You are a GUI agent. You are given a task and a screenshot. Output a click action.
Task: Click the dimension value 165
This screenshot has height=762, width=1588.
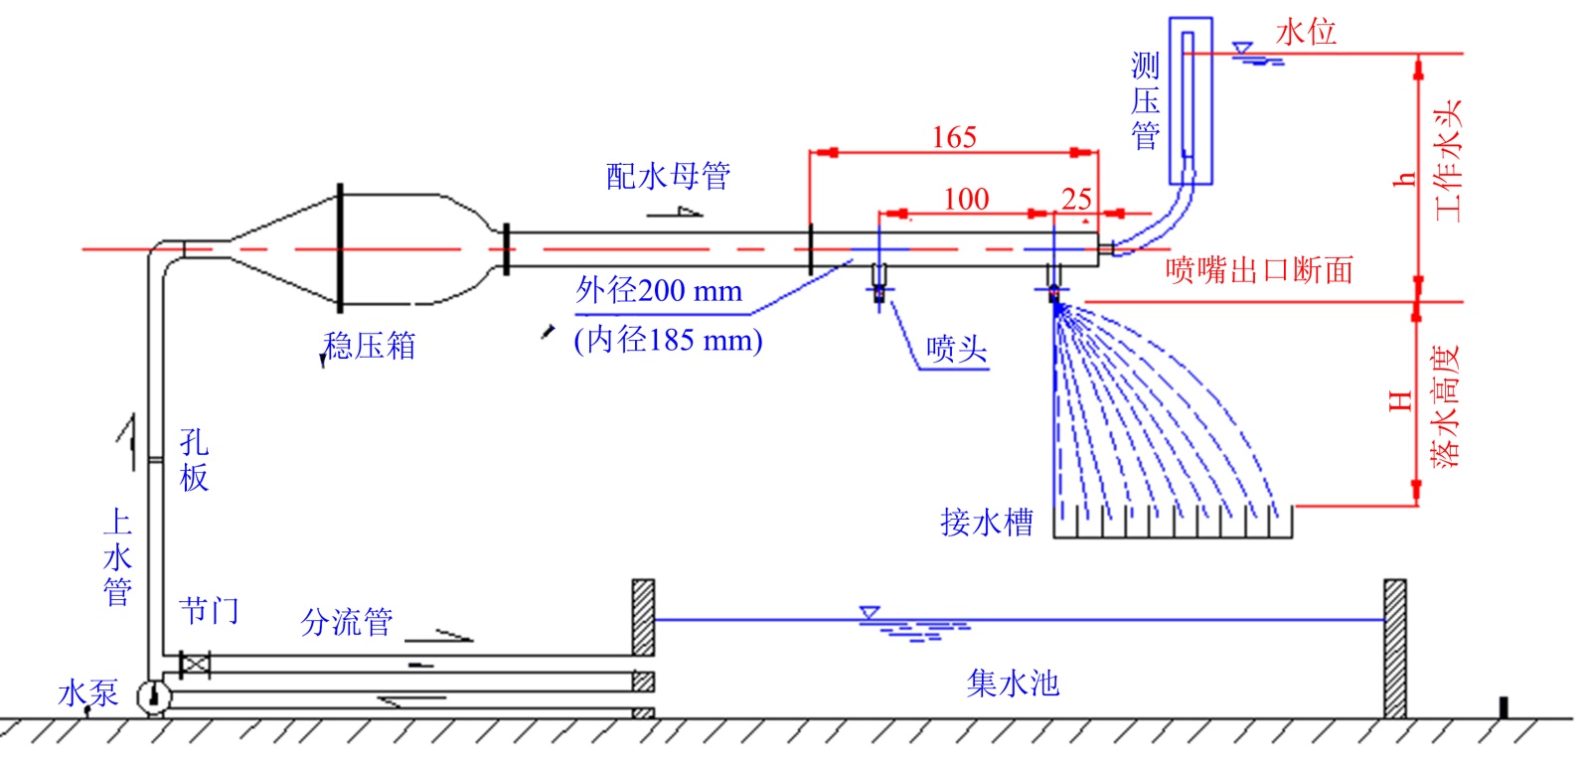point(954,137)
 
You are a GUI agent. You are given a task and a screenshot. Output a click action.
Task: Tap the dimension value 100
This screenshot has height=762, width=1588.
point(966,199)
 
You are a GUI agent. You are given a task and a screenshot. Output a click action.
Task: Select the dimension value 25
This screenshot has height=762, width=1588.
point(1076,200)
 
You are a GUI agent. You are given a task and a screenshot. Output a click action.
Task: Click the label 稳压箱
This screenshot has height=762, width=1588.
point(369,346)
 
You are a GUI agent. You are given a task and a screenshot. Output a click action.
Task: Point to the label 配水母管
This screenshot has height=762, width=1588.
point(668,176)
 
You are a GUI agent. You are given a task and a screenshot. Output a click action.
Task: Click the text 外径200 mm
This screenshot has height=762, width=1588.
point(659,291)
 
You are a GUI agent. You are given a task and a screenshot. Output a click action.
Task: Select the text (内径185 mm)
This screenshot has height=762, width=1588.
point(668,340)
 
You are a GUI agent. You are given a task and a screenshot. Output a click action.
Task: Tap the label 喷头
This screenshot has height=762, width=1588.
point(956,349)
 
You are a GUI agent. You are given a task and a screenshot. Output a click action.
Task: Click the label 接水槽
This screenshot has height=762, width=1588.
point(987,523)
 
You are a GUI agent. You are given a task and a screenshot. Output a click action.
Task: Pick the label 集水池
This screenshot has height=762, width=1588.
point(1013,684)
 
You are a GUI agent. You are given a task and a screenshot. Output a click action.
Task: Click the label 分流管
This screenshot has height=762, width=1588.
point(347,622)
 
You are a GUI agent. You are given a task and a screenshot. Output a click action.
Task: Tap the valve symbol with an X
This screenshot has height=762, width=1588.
point(195,665)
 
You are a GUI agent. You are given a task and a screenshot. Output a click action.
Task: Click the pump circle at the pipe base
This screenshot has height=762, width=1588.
point(154,696)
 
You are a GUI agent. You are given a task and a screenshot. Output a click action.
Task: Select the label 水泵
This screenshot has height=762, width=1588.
point(87,692)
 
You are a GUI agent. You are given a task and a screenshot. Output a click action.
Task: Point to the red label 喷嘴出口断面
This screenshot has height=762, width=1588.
point(1259,270)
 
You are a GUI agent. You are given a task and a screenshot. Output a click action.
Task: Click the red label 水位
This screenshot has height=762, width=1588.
point(1306,33)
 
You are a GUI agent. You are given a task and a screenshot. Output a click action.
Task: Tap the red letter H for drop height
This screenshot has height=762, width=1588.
point(1400,402)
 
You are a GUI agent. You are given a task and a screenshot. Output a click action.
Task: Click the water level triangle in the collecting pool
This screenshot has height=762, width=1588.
point(870,612)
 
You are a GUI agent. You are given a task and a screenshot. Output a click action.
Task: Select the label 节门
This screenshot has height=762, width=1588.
point(209,610)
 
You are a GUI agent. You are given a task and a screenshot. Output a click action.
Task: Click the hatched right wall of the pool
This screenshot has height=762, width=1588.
point(1394,649)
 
